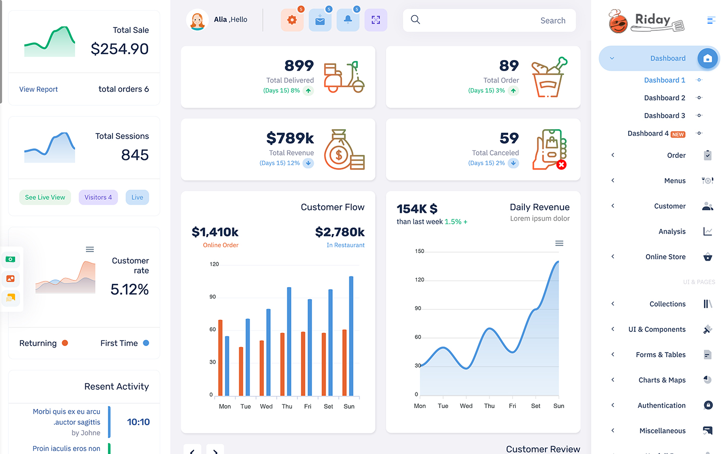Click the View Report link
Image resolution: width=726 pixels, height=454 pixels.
(38, 89)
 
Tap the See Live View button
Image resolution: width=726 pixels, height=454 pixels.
(45, 197)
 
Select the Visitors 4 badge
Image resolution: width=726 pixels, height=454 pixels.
(98, 197)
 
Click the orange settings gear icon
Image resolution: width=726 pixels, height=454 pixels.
(292, 20)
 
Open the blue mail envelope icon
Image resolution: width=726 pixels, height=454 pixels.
(320, 20)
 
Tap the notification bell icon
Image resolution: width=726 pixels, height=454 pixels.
(348, 20)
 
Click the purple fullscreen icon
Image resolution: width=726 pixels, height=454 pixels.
(376, 20)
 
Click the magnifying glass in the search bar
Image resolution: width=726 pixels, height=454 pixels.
(415, 20)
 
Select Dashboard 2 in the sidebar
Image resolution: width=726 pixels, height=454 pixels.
(664, 98)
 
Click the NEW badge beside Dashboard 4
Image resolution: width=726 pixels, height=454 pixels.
(678, 134)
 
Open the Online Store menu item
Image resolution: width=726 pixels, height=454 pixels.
(665, 257)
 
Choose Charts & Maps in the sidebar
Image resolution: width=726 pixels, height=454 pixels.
(662, 380)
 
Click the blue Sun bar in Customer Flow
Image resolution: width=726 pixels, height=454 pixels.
(351, 336)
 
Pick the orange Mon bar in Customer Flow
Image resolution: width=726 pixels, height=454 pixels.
(220, 358)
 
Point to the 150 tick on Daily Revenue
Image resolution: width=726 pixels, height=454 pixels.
(419, 251)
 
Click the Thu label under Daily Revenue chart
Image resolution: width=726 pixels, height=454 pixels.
(489, 406)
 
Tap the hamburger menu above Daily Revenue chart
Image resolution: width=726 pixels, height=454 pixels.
(559, 243)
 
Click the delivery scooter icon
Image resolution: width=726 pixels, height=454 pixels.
(344, 77)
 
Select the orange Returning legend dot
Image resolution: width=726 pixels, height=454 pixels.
(65, 343)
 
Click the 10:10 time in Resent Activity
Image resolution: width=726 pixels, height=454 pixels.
(138, 422)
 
